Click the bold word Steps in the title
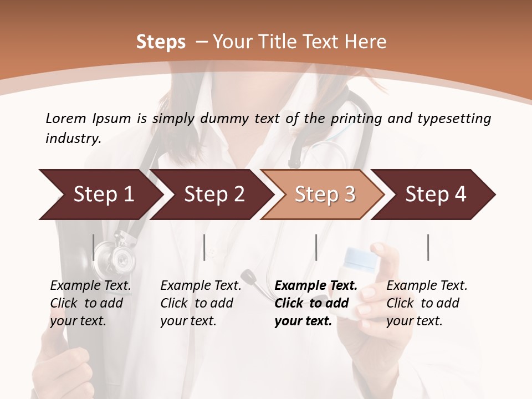tap(161, 42)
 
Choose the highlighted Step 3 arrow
tap(325, 195)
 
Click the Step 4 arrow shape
tap(436, 195)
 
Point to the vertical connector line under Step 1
tap(94, 247)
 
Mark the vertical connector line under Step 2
tap(204, 247)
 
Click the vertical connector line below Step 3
tap(316, 247)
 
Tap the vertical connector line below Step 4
tap(428, 247)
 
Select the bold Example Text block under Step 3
tap(315, 303)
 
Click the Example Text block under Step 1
tap(90, 303)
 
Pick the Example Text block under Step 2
tap(201, 303)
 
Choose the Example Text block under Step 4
tap(427, 303)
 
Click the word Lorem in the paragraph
tap(66, 118)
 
